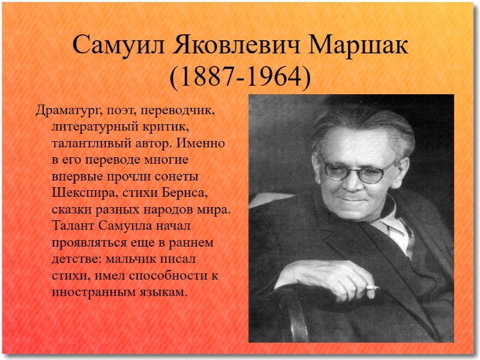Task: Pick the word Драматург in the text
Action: (66, 111)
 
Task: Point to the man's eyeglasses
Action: (359, 169)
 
